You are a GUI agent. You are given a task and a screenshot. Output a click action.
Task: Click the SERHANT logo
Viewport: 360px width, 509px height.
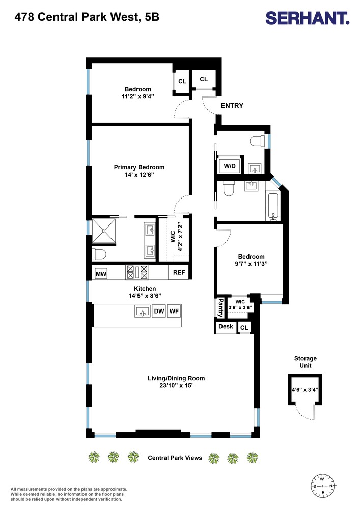[308, 19]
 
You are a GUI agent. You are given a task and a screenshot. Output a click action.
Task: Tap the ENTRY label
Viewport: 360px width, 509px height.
[232, 106]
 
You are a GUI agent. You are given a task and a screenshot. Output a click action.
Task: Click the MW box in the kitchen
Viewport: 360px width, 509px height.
[101, 274]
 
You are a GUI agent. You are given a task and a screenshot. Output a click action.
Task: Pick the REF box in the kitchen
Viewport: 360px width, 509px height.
[179, 273]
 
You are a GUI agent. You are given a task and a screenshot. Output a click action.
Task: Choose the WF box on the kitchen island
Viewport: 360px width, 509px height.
[175, 311]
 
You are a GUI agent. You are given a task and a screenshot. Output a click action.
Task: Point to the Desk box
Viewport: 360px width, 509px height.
[225, 327]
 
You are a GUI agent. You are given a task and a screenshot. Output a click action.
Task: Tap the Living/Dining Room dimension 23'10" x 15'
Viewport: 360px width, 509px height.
[176, 386]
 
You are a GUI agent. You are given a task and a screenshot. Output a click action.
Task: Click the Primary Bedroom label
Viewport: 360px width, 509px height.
[139, 167]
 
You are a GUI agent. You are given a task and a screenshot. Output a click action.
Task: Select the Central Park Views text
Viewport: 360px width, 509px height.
[175, 458]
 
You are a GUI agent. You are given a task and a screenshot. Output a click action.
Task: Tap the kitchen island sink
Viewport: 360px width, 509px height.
[143, 311]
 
